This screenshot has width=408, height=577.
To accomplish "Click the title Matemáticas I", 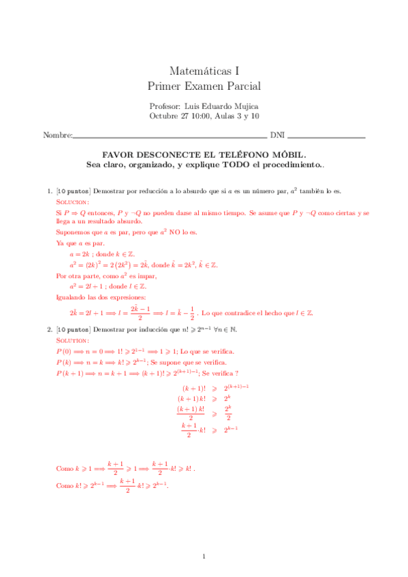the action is pos(204,70).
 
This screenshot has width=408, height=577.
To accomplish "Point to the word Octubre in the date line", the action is pos(162,116).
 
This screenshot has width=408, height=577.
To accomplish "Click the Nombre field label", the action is pos(57,135).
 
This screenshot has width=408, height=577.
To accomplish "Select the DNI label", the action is pos(277,135).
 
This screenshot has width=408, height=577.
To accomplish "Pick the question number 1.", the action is pos(48,193).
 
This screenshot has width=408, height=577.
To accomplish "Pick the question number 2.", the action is pos(48,329).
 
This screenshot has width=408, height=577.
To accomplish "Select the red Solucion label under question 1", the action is pos(72,203).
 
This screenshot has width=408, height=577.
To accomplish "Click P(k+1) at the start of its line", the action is pos(68,374).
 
